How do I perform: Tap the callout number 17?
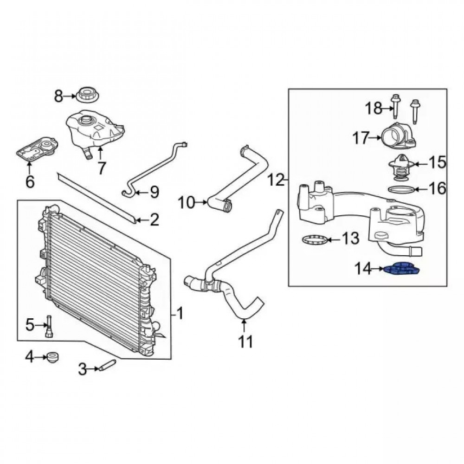[362, 137]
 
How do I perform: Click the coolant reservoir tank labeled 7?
[95, 129]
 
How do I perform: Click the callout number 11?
[245, 342]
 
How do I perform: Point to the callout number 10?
[188, 202]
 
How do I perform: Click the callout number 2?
[153, 219]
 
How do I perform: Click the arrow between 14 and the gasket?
[378, 269]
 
